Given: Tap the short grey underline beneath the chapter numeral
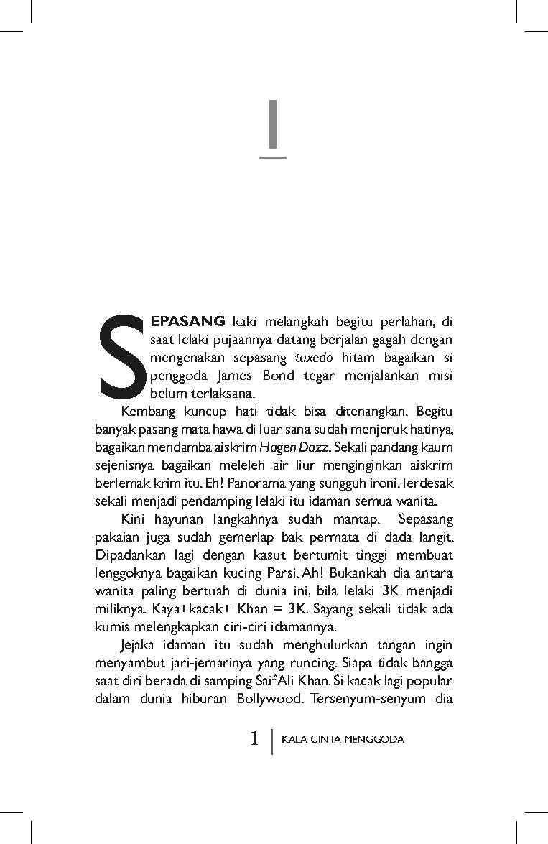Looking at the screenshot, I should click(272, 156).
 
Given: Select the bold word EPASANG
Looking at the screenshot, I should click(188, 320).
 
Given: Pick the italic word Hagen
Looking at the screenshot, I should click(274, 447).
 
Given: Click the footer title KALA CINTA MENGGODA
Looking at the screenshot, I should click(343, 738).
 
